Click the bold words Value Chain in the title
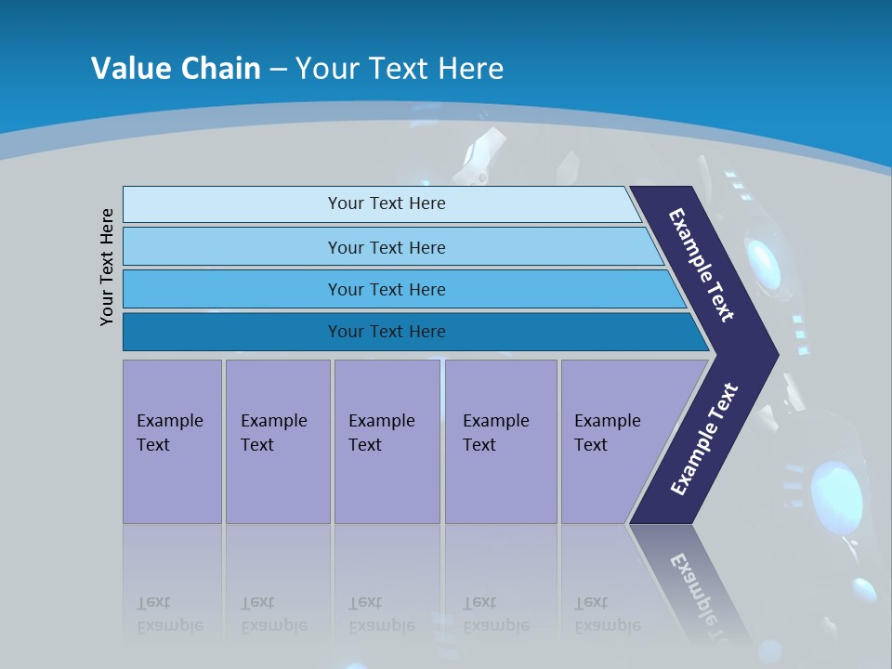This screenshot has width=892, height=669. click(x=176, y=69)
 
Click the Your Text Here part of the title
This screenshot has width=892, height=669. click(x=400, y=69)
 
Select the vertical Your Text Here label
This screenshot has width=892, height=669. click(x=107, y=267)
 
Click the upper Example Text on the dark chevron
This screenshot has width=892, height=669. click(x=702, y=265)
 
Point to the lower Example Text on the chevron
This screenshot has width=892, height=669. click(x=703, y=439)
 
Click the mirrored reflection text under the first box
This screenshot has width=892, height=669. click(x=169, y=615)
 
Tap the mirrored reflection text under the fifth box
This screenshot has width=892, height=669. click(x=607, y=615)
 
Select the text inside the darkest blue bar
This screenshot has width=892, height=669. click(x=387, y=332)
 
